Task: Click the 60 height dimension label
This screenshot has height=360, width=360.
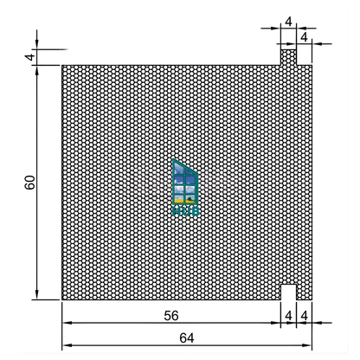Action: [x=30, y=183]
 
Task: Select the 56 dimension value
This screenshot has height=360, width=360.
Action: [x=170, y=316]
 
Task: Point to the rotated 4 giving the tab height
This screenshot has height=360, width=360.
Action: [x=30, y=57]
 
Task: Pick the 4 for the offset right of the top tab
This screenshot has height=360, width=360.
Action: [x=304, y=37]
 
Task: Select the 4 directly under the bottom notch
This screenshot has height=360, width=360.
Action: [x=288, y=316]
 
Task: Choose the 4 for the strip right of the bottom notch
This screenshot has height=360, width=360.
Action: [x=304, y=316]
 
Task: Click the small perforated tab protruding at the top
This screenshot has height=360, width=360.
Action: [x=288, y=56]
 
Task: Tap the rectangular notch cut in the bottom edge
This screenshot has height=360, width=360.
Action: [x=288, y=292]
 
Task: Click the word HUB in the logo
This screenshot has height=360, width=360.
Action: [x=185, y=209]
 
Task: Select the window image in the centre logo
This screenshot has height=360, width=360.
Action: [x=185, y=183]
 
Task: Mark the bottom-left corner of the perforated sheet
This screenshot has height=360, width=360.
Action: [x=62, y=299]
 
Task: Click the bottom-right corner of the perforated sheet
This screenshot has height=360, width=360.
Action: [x=312, y=299]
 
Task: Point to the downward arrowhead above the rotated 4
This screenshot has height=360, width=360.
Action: [x=38, y=45]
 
